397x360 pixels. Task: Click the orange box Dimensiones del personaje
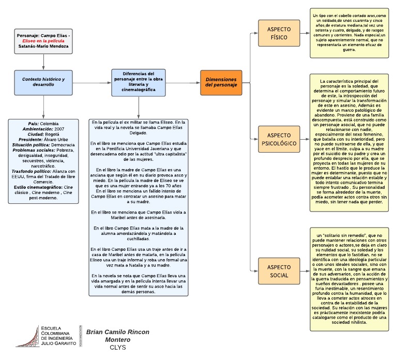point(221,82)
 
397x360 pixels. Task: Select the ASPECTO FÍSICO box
point(279,33)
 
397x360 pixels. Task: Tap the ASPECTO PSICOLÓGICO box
point(279,138)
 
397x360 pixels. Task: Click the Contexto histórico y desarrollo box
point(43,82)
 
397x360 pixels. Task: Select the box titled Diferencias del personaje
point(138,82)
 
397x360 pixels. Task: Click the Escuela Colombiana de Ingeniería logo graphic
point(27,336)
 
